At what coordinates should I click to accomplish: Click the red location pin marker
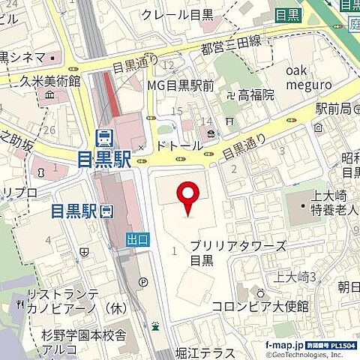point(185,198)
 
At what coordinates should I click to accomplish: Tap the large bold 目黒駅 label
point(104,159)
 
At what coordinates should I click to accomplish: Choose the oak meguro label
point(308,77)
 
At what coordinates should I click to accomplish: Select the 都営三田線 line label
point(230,46)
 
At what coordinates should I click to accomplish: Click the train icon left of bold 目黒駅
point(104,137)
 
